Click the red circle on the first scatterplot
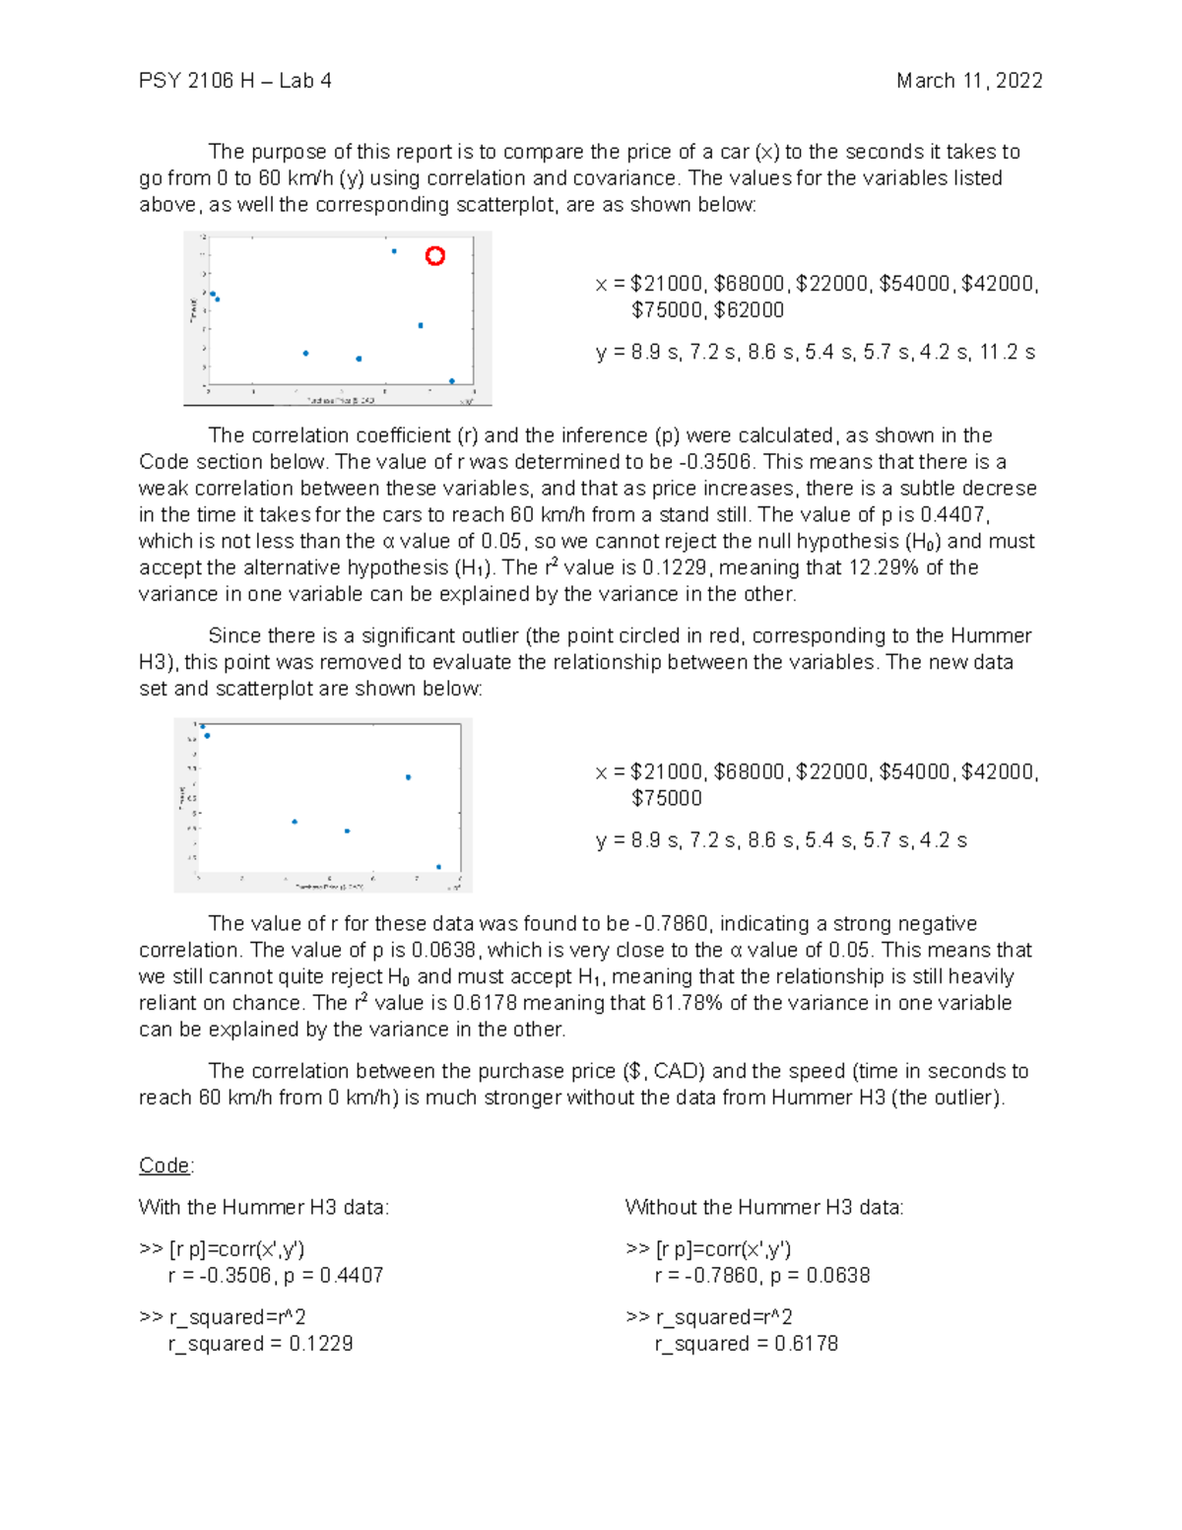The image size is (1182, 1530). coord(434,256)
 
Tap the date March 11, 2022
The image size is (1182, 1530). coord(969,81)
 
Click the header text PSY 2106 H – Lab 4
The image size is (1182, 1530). coord(234,81)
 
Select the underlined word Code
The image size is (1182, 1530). coord(164,1165)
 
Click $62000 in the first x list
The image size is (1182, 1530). coord(749,310)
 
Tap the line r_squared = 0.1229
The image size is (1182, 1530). coord(260,1344)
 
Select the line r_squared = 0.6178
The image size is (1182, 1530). coord(746,1344)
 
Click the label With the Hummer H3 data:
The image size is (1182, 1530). coord(264,1207)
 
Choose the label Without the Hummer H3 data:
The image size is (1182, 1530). coord(764,1207)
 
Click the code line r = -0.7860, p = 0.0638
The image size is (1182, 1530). coord(761,1276)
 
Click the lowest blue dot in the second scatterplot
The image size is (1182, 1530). coord(438,867)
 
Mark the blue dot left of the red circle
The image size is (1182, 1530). coord(394,251)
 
